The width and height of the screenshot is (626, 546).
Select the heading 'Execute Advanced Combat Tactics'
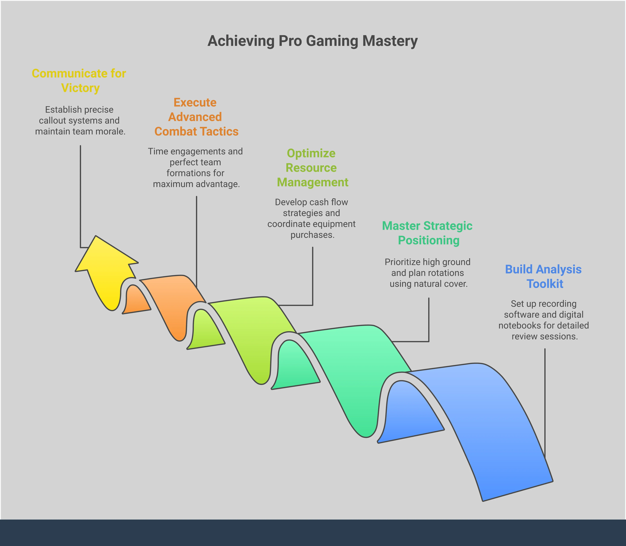point(196,117)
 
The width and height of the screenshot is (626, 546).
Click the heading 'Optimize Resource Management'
point(312,168)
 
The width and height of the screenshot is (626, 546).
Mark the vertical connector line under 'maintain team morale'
point(80,195)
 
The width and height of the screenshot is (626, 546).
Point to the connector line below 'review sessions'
point(545,402)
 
